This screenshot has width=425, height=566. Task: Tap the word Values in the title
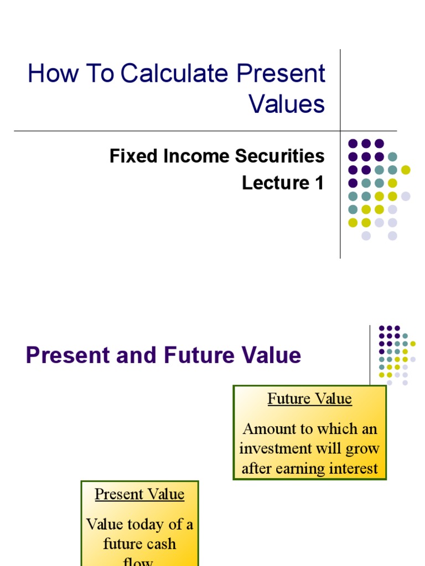[x=287, y=103]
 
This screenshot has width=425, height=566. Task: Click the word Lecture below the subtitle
[x=272, y=183]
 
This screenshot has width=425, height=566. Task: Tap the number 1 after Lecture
[x=319, y=183]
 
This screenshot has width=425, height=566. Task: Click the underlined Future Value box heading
[x=309, y=399]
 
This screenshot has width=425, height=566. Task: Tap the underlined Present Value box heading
[x=139, y=494]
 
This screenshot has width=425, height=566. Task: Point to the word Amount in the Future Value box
[x=269, y=429]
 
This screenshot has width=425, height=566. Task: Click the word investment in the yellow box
[x=275, y=448]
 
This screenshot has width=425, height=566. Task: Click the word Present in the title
[x=281, y=74]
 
